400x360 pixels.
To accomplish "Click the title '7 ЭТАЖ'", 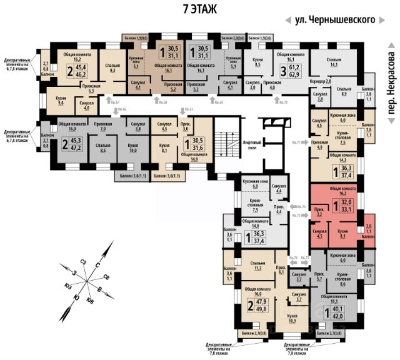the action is (199, 9).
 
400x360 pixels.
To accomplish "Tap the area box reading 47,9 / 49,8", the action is (258, 309).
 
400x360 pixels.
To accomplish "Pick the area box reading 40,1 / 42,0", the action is (337, 311).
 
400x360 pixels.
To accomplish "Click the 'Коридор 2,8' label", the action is (319, 82).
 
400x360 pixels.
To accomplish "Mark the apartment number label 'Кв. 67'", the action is (94, 101).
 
